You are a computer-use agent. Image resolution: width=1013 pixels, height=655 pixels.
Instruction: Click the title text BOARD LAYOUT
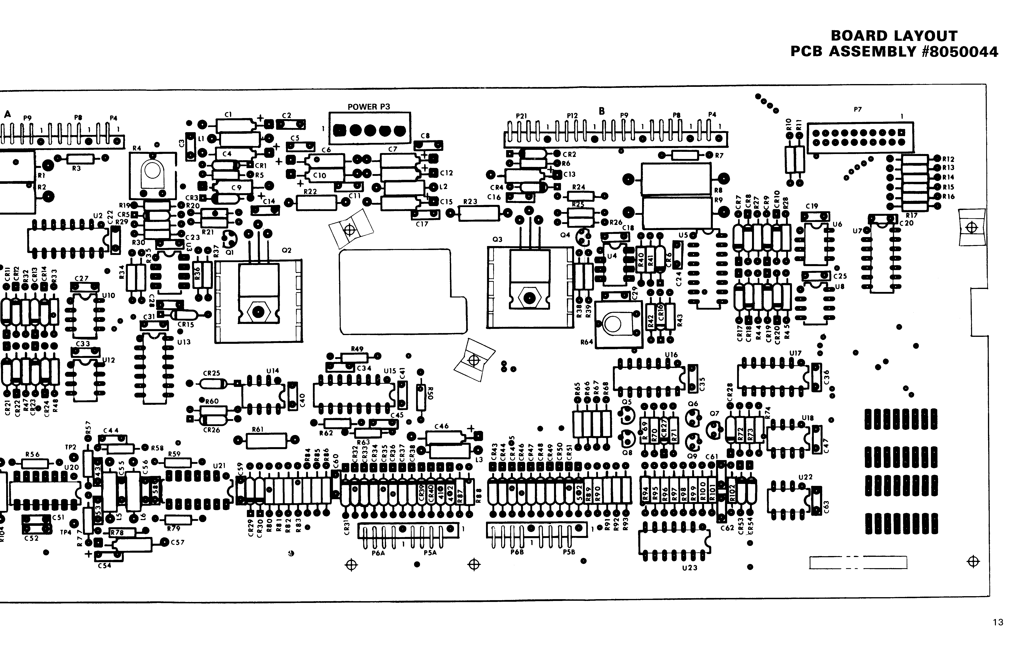click(894, 36)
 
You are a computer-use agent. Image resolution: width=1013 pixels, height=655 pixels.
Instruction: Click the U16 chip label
click(671, 355)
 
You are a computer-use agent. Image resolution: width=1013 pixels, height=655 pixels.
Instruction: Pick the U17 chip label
click(795, 353)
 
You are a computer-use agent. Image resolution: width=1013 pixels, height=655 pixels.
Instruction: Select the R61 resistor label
click(258, 430)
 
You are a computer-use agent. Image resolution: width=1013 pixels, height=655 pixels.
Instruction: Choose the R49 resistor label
click(357, 349)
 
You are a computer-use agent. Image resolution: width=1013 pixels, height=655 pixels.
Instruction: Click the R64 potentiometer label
click(587, 342)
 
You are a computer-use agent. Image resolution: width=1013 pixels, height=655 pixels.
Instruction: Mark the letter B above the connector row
click(602, 111)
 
